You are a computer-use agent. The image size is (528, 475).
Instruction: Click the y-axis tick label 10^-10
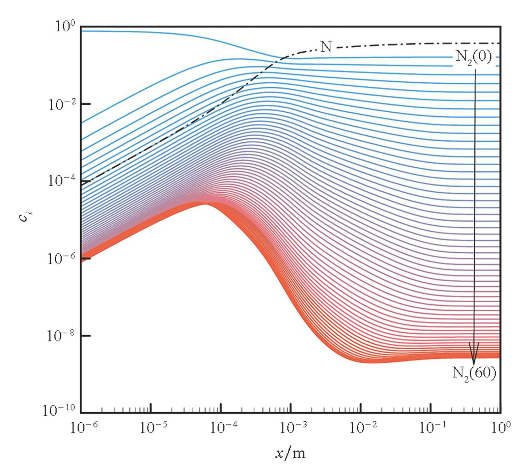59,411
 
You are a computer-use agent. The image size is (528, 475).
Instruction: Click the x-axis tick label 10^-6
84,428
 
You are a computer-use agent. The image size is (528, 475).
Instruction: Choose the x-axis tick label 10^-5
153,428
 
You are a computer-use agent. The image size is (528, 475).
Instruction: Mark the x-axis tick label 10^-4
223,428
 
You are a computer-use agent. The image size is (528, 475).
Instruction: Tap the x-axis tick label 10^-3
293,428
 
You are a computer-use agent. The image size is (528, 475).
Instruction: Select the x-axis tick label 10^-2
363,428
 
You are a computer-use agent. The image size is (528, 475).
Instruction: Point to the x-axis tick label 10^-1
433,428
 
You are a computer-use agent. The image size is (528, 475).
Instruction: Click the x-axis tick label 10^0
501,428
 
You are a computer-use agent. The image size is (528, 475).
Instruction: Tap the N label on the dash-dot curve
326,46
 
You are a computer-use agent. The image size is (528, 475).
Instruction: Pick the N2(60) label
474,373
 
